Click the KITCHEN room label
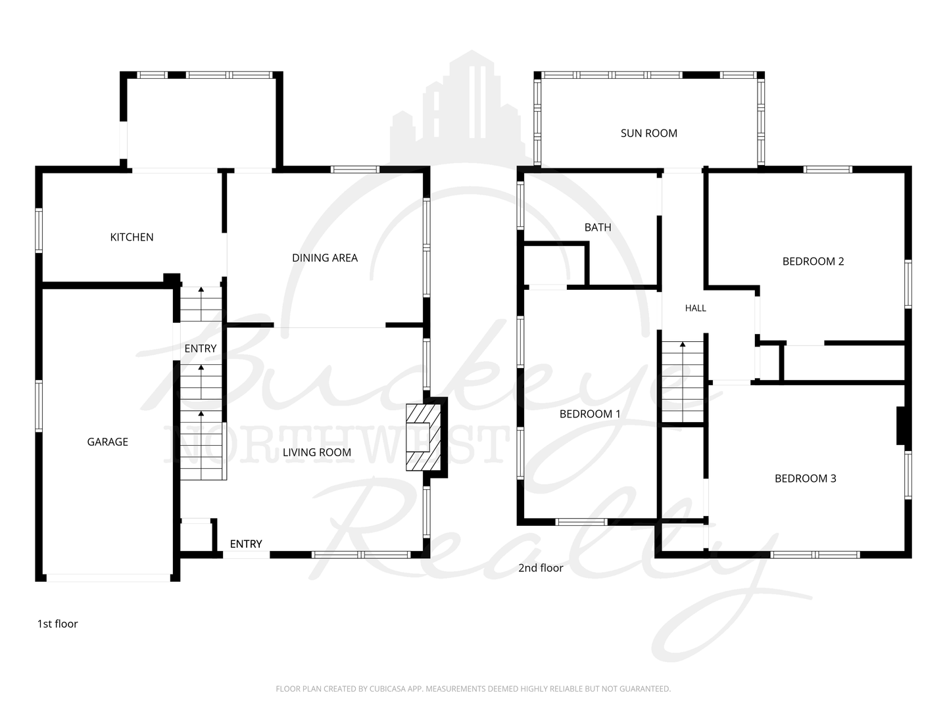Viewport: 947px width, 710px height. [x=132, y=237]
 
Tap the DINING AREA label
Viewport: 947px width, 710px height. [x=325, y=258]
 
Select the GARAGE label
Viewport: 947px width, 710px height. [x=107, y=442]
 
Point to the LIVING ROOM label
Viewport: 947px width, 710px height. [x=317, y=452]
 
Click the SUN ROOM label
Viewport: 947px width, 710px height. [x=649, y=133]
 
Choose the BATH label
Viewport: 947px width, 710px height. [x=598, y=227]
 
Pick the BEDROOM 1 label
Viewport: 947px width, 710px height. [x=590, y=414]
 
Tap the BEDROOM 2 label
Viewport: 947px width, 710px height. [x=813, y=261]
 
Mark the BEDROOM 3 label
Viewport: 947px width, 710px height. [x=806, y=478]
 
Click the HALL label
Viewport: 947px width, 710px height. [x=696, y=308]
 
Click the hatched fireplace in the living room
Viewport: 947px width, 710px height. [x=424, y=437]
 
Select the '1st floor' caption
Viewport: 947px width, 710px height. [x=57, y=624]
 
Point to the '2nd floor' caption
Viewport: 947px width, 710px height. [x=541, y=568]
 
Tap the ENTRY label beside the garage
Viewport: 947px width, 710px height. [x=201, y=348]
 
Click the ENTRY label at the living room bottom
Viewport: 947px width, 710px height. [x=246, y=544]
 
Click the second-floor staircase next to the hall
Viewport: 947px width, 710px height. [x=683, y=382]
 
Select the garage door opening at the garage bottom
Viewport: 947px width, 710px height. [x=109, y=578]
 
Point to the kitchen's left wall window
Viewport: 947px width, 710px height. [x=39, y=231]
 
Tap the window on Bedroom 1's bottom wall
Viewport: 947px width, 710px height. [x=581, y=522]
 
